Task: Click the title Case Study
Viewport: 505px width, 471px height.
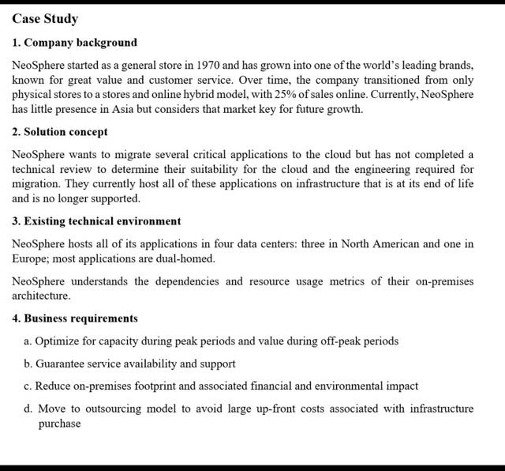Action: point(45,19)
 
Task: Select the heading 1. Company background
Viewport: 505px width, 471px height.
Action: point(75,43)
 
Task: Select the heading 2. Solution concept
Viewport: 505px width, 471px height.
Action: point(60,132)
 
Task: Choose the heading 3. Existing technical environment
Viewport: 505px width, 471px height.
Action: point(96,221)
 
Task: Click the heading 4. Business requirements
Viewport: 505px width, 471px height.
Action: point(75,318)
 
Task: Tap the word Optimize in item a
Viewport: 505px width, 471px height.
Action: point(58,341)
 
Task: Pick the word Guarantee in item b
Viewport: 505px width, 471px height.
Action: point(63,364)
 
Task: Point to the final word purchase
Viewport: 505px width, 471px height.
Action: point(59,424)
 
